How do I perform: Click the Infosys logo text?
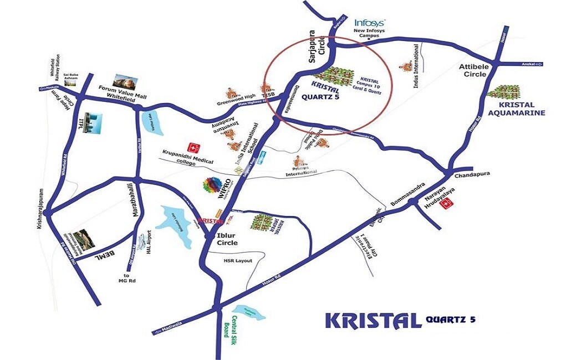coord(370,23)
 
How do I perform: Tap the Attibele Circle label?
coord(473,70)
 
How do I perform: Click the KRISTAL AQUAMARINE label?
coord(516,109)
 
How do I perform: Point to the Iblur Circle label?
coord(226,239)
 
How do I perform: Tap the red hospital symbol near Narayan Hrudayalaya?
coord(446,205)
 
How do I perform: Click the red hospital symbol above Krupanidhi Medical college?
coord(193,148)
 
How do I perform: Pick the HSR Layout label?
coord(238,261)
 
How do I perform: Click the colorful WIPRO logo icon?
coord(213,186)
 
